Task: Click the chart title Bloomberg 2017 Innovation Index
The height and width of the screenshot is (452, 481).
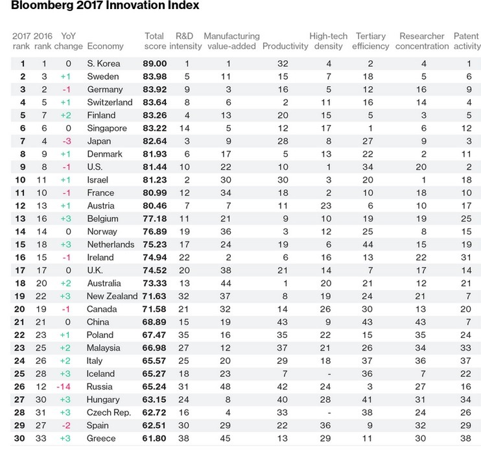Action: coord(105,5)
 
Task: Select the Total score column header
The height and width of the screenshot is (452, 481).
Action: coord(154,41)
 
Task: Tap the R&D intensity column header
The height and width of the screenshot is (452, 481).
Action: coord(185,41)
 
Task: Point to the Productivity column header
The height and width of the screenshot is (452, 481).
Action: coord(285,46)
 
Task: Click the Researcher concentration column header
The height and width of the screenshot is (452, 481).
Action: coord(422,41)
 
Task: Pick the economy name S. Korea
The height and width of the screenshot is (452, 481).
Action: coord(103,63)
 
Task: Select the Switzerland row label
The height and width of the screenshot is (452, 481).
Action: coord(110,102)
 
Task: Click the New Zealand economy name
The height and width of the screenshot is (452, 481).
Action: coord(112,297)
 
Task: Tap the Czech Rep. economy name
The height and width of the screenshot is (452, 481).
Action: coord(109,412)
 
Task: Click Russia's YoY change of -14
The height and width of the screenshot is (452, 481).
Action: coord(64,387)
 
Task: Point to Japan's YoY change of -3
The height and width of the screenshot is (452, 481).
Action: coord(66,141)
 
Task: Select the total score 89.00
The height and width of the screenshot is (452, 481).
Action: coord(154,63)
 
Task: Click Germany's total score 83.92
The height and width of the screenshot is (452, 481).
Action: coord(154,89)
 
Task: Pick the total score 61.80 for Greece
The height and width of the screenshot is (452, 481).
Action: coord(154,438)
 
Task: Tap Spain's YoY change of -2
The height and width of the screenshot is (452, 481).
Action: coord(65,425)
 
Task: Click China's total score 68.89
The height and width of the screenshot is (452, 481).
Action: coord(154,322)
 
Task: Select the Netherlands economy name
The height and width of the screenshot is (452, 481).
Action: coord(111,245)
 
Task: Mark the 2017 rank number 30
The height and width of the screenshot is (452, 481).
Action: coord(19,438)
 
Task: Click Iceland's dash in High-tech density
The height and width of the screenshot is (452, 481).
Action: coord(329,374)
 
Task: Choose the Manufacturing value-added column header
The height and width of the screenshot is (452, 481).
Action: coord(231,41)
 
